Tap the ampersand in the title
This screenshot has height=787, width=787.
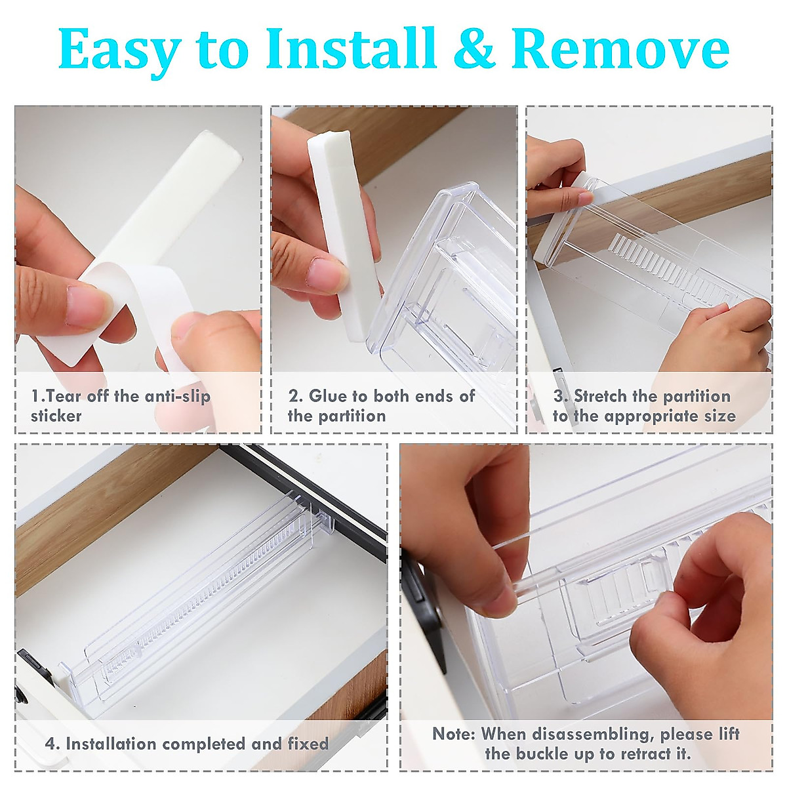474,50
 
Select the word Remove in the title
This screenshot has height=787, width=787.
620,50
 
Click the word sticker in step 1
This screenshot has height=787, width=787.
56,416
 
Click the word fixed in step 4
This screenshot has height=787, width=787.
308,744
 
